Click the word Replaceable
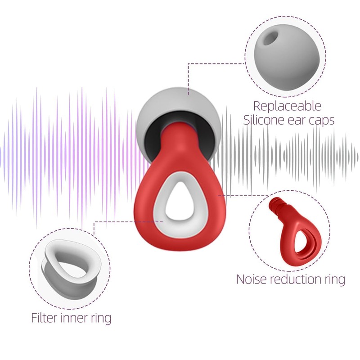(287, 106)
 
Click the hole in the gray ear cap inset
(269, 39)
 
